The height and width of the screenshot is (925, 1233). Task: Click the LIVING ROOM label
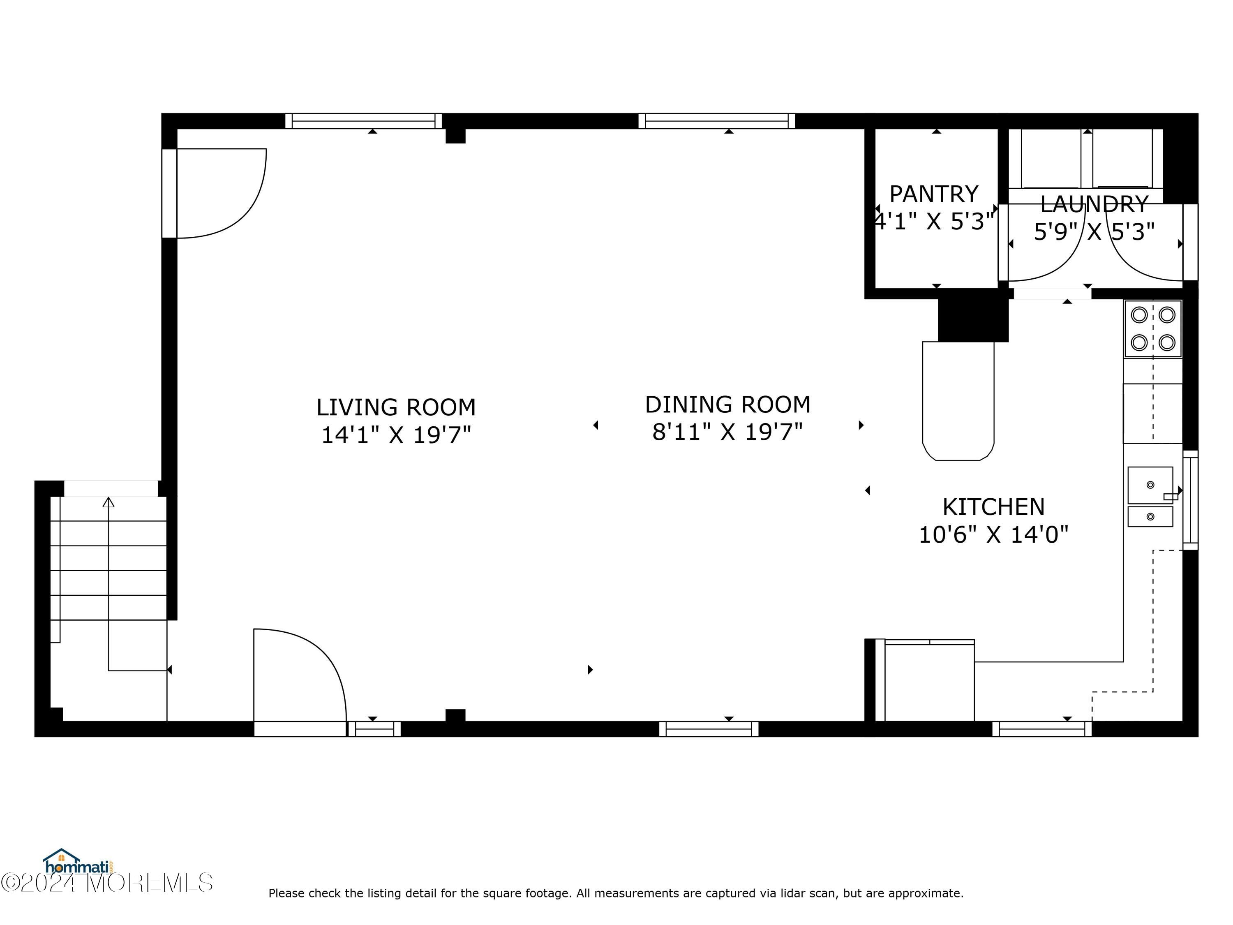pyautogui.click(x=396, y=407)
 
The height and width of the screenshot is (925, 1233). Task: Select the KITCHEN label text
pyautogui.click(x=993, y=507)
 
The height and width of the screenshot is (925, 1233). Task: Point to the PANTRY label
pyautogui.click(x=934, y=194)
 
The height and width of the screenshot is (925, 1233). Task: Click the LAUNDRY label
pyautogui.click(x=1094, y=204)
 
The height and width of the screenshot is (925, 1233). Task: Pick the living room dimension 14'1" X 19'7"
pyautogui.click(x=396, y=435)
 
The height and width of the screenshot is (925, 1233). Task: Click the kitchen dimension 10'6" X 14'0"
pyautogui.click(x=993, y=535)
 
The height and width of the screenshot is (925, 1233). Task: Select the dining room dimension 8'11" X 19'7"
pyautogui.click(x=727, y=432)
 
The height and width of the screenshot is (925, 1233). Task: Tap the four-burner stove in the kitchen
pyautogui.click(x=1153, y=328)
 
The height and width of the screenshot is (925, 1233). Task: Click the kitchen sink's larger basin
pyautogui.click(x=1150, y=485)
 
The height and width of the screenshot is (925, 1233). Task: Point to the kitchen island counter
pyautogui.click(x=958, y=401)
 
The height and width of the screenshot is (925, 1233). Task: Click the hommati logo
pyautogui.click(x=79, y=863)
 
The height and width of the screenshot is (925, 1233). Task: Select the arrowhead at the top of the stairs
pyautogui.click(x=109, y=502)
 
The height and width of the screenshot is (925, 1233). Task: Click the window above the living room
pyautogui.click(x=363, y=121)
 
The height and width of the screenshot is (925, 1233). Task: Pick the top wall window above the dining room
pyautogui.click(x=717, y=121)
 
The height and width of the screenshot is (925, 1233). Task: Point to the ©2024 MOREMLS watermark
pyautogui.click(x=107, y=883)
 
